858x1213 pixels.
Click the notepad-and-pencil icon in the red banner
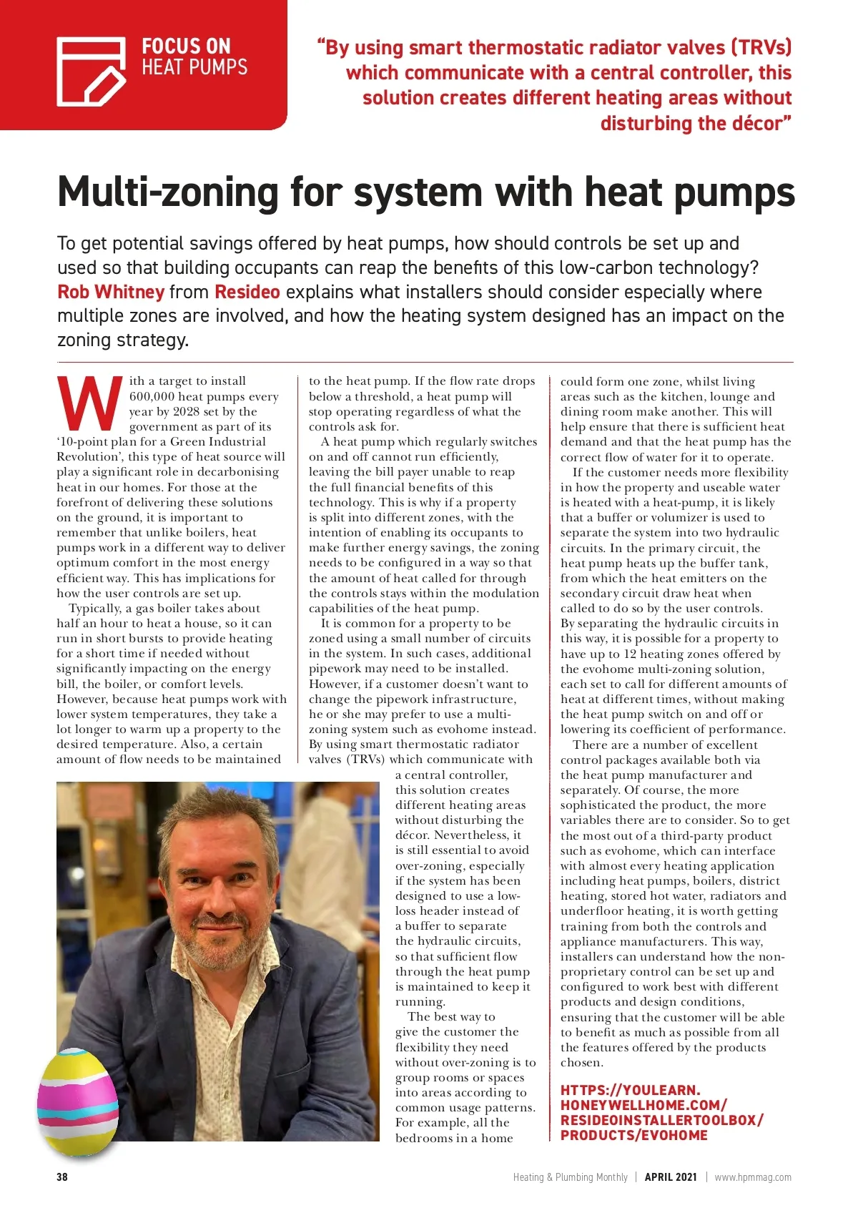click(x=91, y=71)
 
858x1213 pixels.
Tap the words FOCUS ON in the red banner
click(x=186, y=47)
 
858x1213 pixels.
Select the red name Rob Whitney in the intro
click(x=111, y=292)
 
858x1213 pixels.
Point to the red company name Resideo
click(x=247, y=292)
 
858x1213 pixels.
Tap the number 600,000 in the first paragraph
click(x=152, y=396)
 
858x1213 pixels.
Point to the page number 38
click(x=62, y=1177)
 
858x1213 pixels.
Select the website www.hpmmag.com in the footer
click(x=753, y=1177)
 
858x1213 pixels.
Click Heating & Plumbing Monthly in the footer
click(x=570, y=1177)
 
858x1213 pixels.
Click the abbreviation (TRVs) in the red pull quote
click(x=761, y=47)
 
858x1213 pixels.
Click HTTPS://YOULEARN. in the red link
click(x=630, y=1090)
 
